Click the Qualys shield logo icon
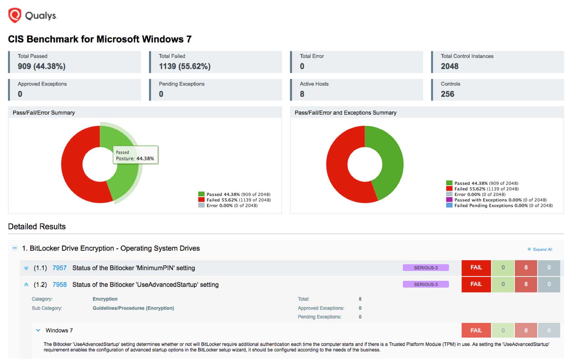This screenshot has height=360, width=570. point(15,15)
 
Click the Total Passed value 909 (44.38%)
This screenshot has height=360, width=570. point(42,66)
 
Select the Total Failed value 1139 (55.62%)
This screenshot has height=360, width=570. point(185,66)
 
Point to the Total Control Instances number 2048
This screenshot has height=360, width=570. point(449,66)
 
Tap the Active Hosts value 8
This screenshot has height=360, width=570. point(302,94)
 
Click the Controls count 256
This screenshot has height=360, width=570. point(447,94)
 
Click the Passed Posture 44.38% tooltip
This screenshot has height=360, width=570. point(135,155)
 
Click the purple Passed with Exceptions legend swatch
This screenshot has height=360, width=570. point(449,200)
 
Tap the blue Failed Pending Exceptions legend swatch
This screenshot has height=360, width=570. point(449,205)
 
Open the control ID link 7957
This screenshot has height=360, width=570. point(59,268)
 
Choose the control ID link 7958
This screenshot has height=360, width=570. point(59,285)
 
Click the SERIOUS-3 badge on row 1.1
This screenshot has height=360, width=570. point(426,268)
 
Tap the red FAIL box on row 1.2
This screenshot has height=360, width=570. point(476,284)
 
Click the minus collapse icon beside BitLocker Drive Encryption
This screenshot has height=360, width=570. point(15,248)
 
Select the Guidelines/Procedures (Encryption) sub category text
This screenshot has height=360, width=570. point(133,308)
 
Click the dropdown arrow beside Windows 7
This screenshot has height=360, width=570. point(38,330)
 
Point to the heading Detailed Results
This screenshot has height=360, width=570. point(37,226)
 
